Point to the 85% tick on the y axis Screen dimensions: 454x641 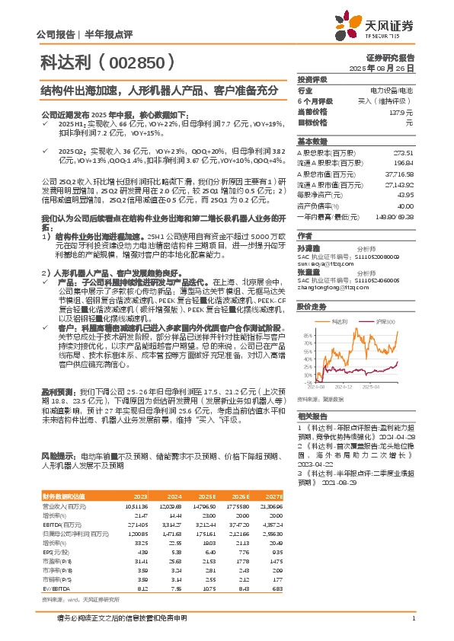[307, 334]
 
